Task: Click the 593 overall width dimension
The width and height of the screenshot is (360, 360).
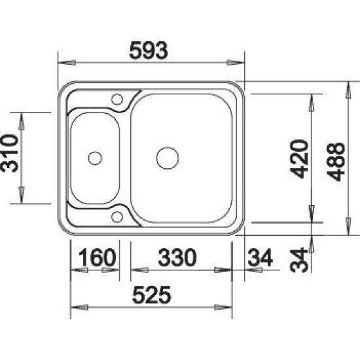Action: coord(149,51)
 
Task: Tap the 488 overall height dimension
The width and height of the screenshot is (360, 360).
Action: coord(336,162)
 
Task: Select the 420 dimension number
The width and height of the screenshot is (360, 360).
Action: coord(299,159)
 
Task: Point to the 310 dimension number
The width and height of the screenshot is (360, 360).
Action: coord(10,154)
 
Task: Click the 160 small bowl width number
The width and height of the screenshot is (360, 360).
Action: coord(97,258)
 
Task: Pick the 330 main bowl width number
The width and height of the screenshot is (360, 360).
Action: coord(177,258)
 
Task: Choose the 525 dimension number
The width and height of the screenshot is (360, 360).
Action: coord(152,295)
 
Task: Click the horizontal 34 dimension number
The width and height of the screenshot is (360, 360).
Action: coord(260,258)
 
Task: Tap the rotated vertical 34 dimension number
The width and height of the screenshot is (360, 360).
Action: coord(298,260)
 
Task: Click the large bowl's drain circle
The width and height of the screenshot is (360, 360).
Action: coord(168,158)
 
